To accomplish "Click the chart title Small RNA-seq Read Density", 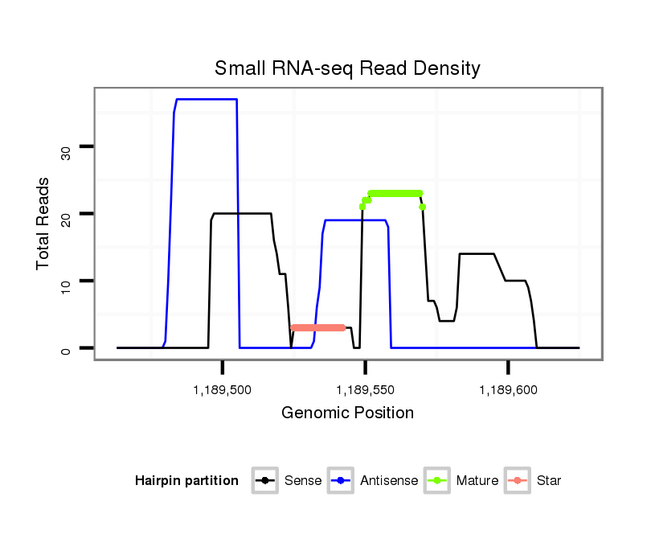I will coord(347,68).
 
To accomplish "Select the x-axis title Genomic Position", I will coord(347,413).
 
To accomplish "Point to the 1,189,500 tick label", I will coord(223,390).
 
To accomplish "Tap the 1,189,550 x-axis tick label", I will coord(366,390).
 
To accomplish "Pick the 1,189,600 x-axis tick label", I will coord(508,390).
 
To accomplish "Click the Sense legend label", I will coord(303,481).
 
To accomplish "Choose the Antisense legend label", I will coord(389,481).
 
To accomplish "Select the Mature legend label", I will coord(477,481).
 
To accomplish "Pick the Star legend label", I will coord(548,481).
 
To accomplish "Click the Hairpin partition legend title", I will coord(187,481).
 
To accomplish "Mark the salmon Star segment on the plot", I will coord(318,327).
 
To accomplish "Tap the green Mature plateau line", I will coord(395,193).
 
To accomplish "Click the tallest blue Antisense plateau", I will coord(206,99).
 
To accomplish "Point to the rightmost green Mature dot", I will coord(422,207).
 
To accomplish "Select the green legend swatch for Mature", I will coord(438,481).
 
